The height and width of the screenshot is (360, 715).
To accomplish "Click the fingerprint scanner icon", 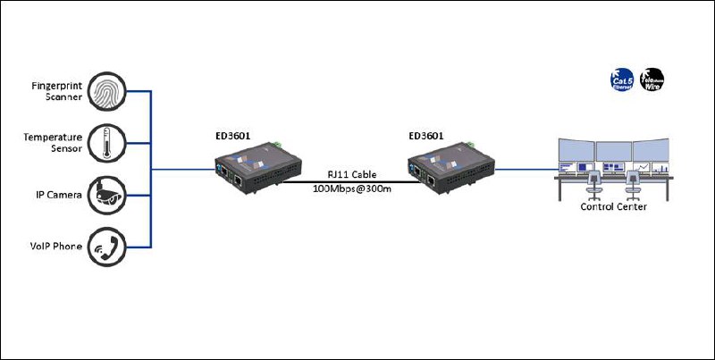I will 107,90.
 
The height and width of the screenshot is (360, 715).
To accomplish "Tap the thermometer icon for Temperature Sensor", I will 107,142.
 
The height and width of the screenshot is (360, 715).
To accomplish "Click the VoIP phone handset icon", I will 107,246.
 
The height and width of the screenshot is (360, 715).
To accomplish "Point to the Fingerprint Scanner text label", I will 55,90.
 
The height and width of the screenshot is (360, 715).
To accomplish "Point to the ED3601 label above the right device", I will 425,137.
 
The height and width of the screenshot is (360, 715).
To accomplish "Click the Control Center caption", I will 613,207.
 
